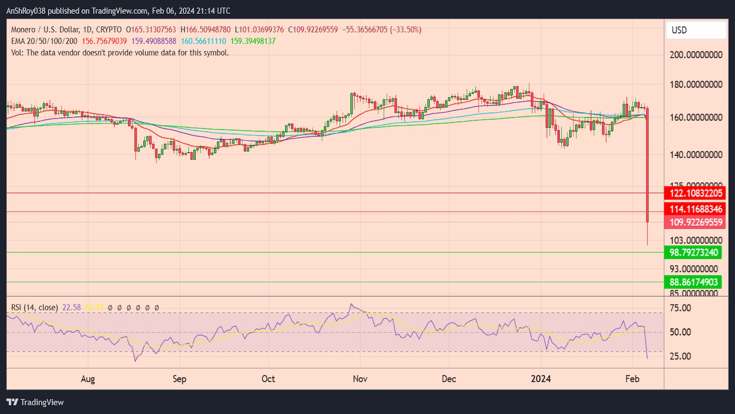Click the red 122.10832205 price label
coord(695,193)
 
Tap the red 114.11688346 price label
coord(695,209)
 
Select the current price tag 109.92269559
coord(695,222)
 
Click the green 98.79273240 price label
coord(693,253)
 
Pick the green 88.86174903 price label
coord(693,282)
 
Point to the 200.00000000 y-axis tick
coord(696,55)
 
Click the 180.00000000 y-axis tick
coord(696,85)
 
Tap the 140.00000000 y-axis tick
coord(696,155)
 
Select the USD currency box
coord(696,30)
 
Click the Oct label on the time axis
coord(268,379)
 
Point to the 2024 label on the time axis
coord(541,379)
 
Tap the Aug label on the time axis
coord(88,379)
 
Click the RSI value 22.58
coord(72,307)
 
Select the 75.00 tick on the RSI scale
coord(680,308)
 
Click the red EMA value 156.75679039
coord(104,41)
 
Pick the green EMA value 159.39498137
coord(253,41)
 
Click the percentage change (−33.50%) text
coord(406,29)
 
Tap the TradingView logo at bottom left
coord(35,402)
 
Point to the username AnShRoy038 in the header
coord(26,11)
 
